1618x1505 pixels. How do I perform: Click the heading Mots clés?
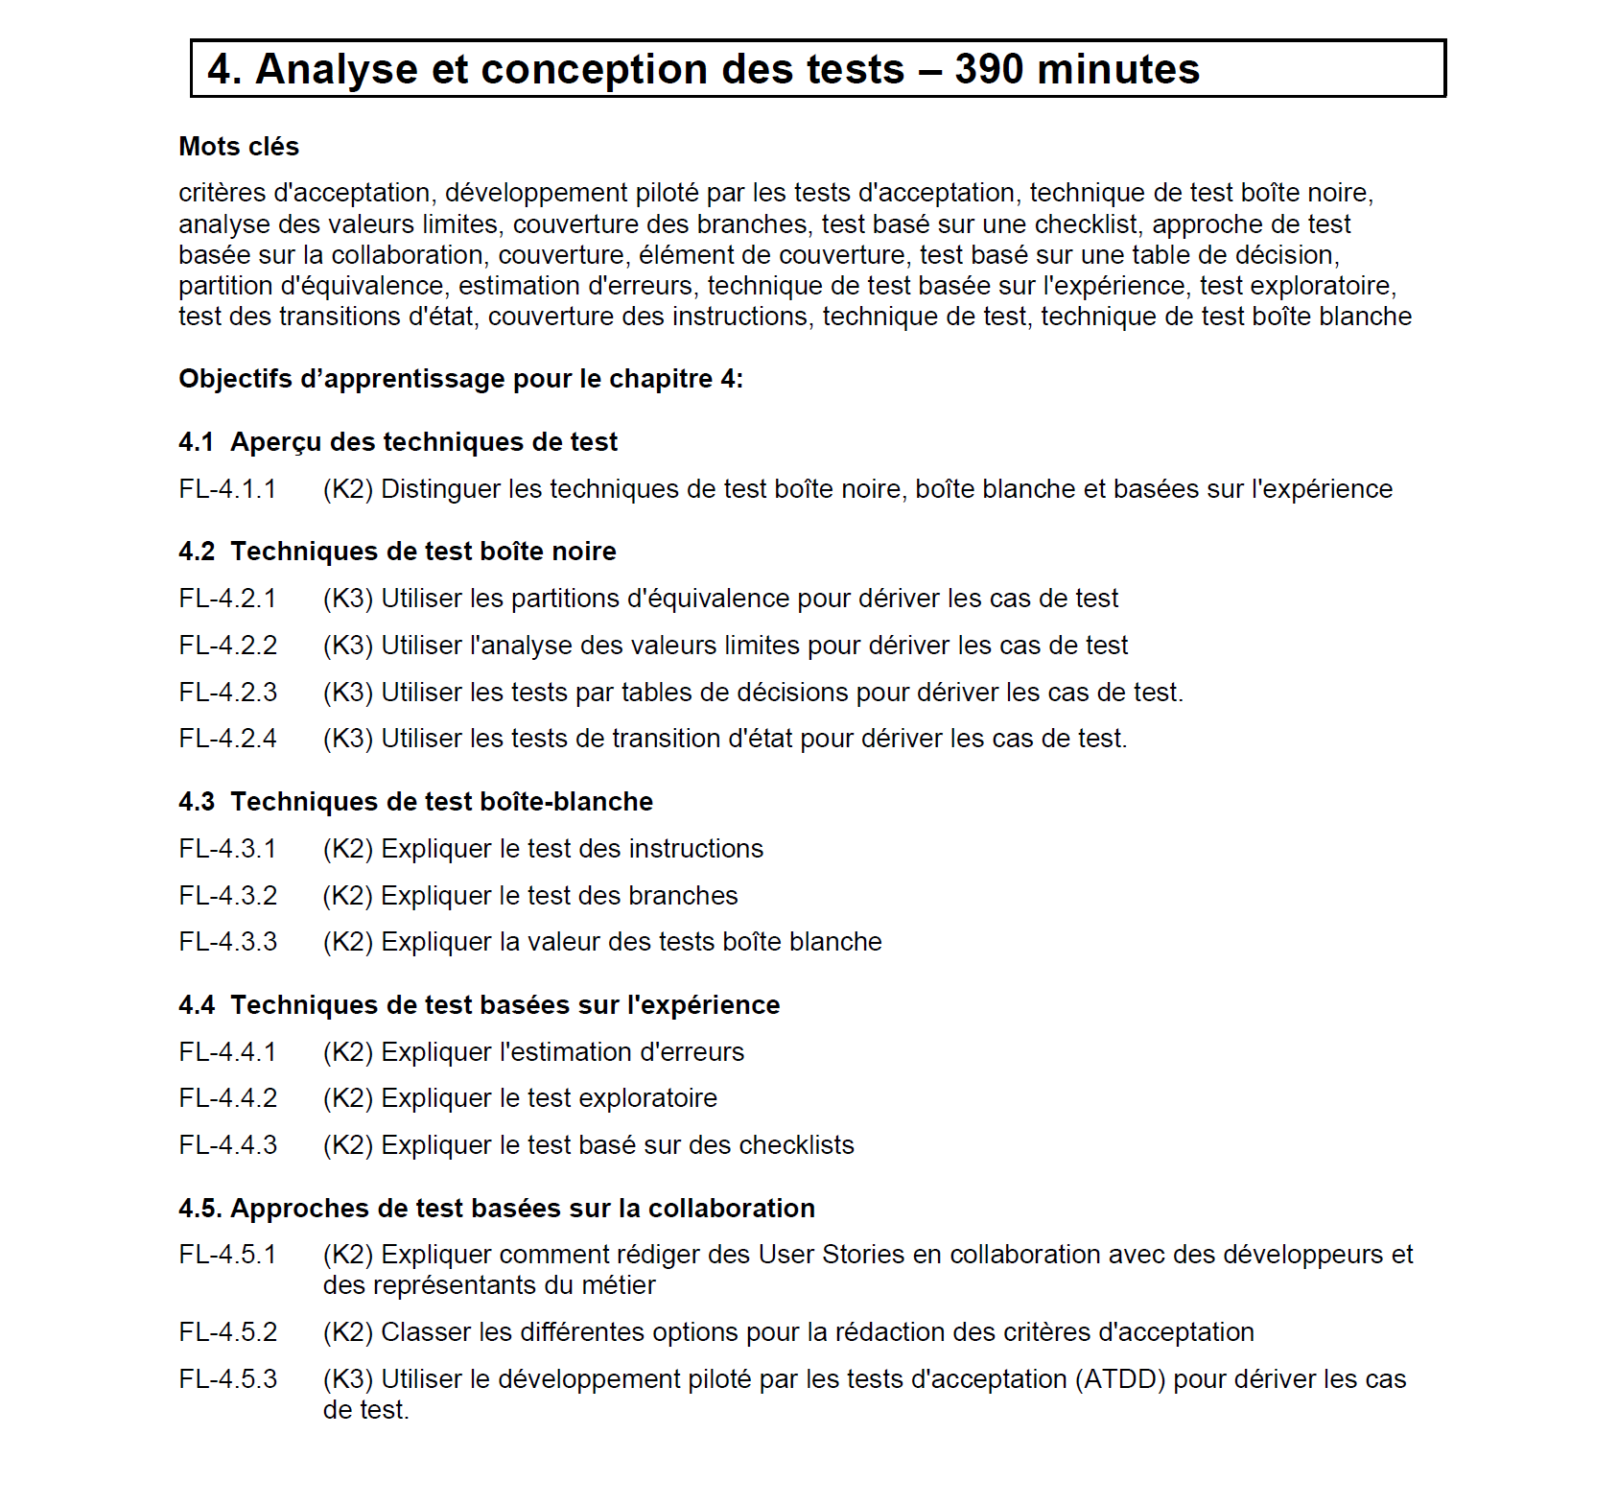[x=239, y=147]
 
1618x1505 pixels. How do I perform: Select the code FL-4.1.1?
[x=227, y=489]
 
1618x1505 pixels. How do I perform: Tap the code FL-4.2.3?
[x=227, y=693]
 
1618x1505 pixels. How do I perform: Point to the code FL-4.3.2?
[x=227, y=896]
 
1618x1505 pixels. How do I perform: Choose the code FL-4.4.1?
[x=227, y=1052]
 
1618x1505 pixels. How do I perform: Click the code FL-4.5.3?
[x=227, y=1379]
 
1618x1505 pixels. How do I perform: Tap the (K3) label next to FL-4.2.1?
[x=347, y=599]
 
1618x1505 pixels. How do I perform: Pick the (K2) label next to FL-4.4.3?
[x=347, y=1145]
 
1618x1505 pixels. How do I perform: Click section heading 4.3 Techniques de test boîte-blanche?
[x=415, y=802]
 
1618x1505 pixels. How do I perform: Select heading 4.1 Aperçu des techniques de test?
[x=397, y=442]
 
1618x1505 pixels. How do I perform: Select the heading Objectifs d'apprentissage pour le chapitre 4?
[x=460, y=379]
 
